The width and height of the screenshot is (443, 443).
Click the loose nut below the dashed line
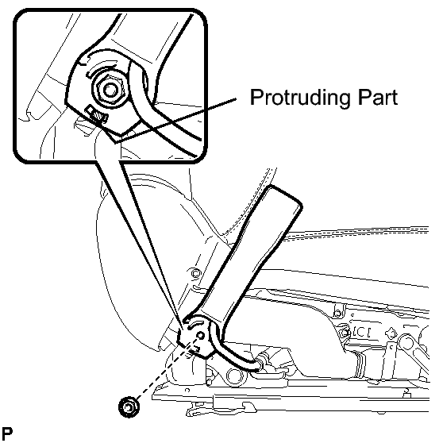(x=129, y=406)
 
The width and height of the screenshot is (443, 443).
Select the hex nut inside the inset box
(x=110, y=90)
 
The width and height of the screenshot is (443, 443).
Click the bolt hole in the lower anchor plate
(x=200, y=336)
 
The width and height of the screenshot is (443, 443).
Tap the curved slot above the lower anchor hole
(x=194, y=325)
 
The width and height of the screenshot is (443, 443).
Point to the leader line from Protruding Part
(x=175, y=120)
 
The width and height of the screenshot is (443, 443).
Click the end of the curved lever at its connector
(x=258, y=364)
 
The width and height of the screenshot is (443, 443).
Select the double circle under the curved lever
(x=234, y=376)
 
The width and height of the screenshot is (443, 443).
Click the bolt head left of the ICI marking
(x=344, y=333)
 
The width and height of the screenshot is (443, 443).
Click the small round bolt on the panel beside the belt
(x=195, y=273)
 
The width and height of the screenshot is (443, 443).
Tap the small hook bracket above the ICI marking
(x=337, y=311)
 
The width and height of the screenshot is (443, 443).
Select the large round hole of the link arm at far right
(x=407, y=343)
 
